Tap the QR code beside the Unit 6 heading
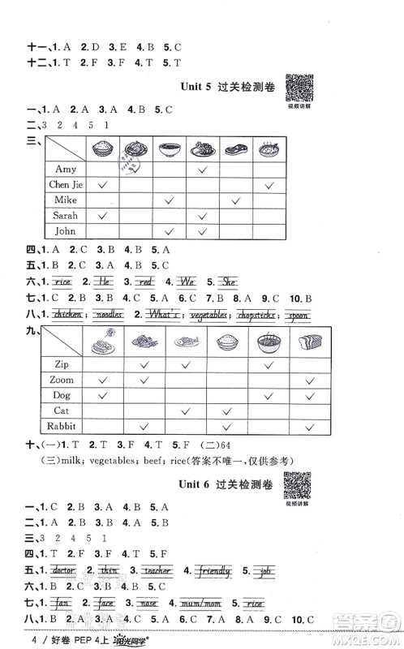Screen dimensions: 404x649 click(x=298, y=484)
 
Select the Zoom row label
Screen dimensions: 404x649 click(x=62, y=379)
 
